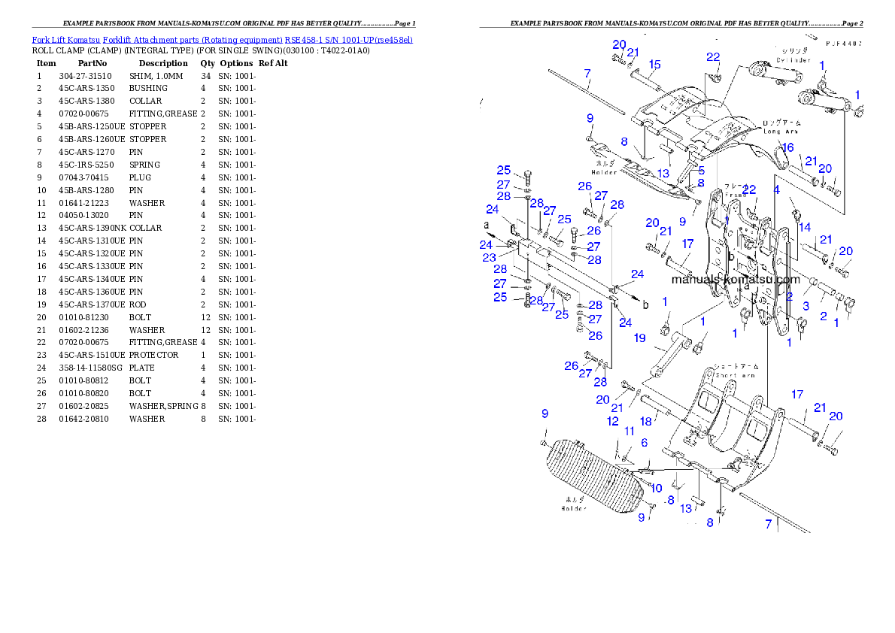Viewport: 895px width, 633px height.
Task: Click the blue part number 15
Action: click(654, 64)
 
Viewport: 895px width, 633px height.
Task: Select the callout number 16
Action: click(787, 147)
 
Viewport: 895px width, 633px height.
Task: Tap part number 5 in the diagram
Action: click(701, 171)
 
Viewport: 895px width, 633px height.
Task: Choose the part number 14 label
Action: click(805, 227)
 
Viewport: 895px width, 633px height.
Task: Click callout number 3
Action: click(805, 306)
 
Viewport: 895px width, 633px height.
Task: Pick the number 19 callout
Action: click(639, 338)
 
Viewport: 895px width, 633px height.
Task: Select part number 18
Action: click(645, 422)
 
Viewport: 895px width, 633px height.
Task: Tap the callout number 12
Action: click(614, 421)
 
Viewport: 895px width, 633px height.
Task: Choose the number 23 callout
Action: click(489, 257)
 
